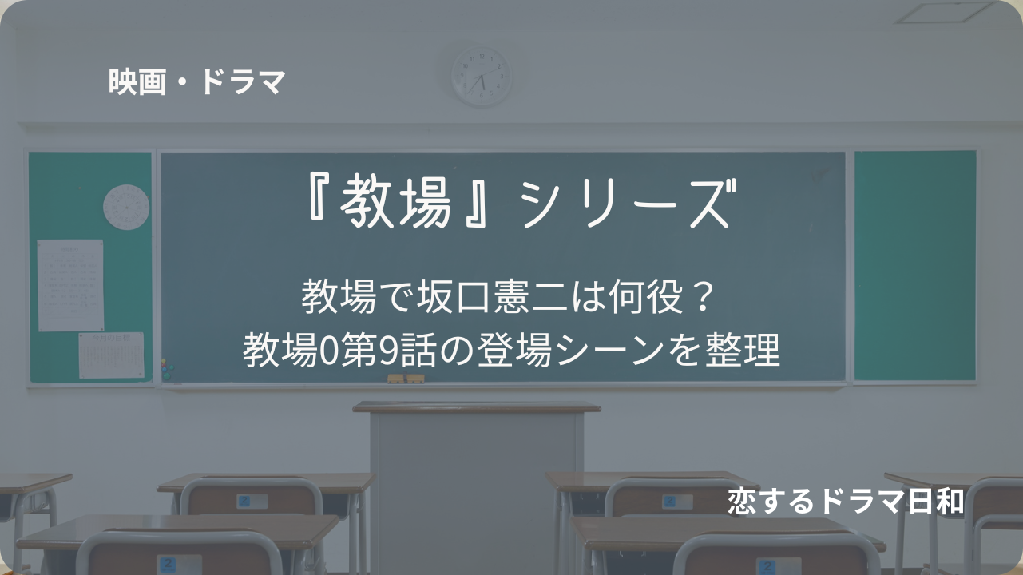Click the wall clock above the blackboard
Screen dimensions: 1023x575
pyautogui.click(x=482, y=77)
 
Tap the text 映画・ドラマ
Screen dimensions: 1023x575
pyautogui.click(x=196, y=82)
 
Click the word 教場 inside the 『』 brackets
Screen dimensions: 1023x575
pyautogui.click(x=395, y=203)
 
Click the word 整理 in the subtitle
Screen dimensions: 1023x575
pyautogui.click(x=742, y=351)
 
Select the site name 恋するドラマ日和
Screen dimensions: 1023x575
pyautogui.click(x=846, y=501)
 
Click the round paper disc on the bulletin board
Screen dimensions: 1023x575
pyautogui.click(x=126, y=207)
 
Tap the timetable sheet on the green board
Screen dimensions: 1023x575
pyautogui.click(x=70, y=285)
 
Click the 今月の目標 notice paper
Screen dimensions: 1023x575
pyautogui.click(x=112, y=355)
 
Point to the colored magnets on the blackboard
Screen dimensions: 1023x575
pyautogui.click(x=167, y=370)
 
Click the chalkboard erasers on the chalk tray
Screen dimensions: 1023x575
pyautogui.click(x=406, y=379)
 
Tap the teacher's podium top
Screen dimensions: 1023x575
pyautogui.click(x=476, y=407)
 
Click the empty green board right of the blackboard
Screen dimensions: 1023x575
pyautogui.click(x=915, y=266)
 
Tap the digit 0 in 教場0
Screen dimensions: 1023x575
pyautogui.click(x=327, y=351)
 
